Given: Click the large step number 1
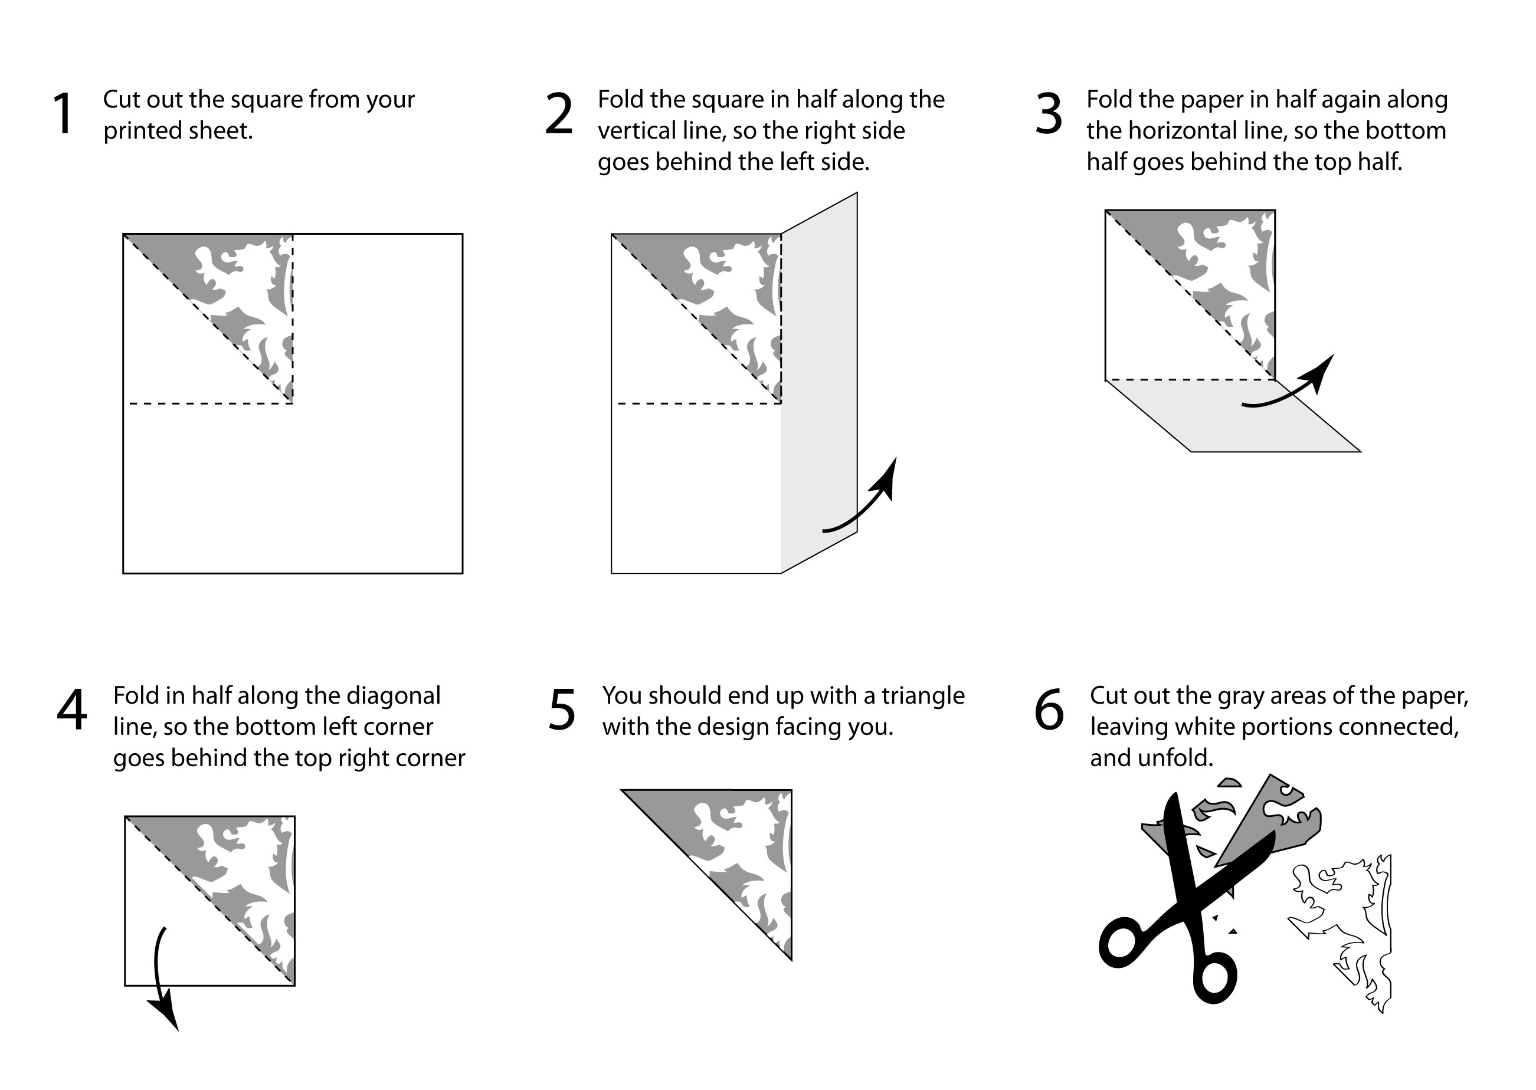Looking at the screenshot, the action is (63, 114).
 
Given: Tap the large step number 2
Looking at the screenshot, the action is (559, 114).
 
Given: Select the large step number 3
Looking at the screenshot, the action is (1049, 114).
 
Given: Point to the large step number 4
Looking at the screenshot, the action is (72, 710).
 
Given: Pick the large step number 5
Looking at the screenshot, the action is (562, 710).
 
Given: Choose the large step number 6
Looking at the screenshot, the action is (1049, 710).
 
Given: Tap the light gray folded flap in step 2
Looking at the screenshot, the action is (819, 383).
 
